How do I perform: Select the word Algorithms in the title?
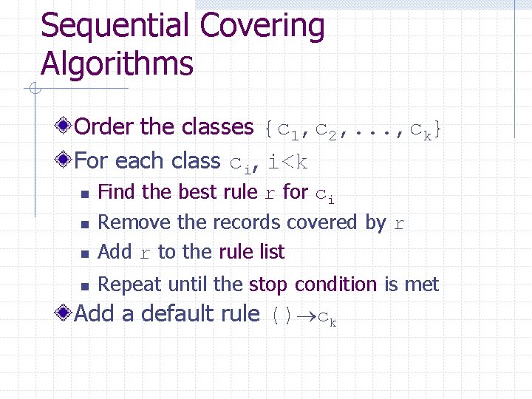(117, 64)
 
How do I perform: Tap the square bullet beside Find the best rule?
(84, 194)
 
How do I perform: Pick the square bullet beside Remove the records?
(84, 224)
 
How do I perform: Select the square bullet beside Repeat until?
(84, 286)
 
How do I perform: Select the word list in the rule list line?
(271, 252)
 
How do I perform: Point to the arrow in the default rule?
(305, 316)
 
